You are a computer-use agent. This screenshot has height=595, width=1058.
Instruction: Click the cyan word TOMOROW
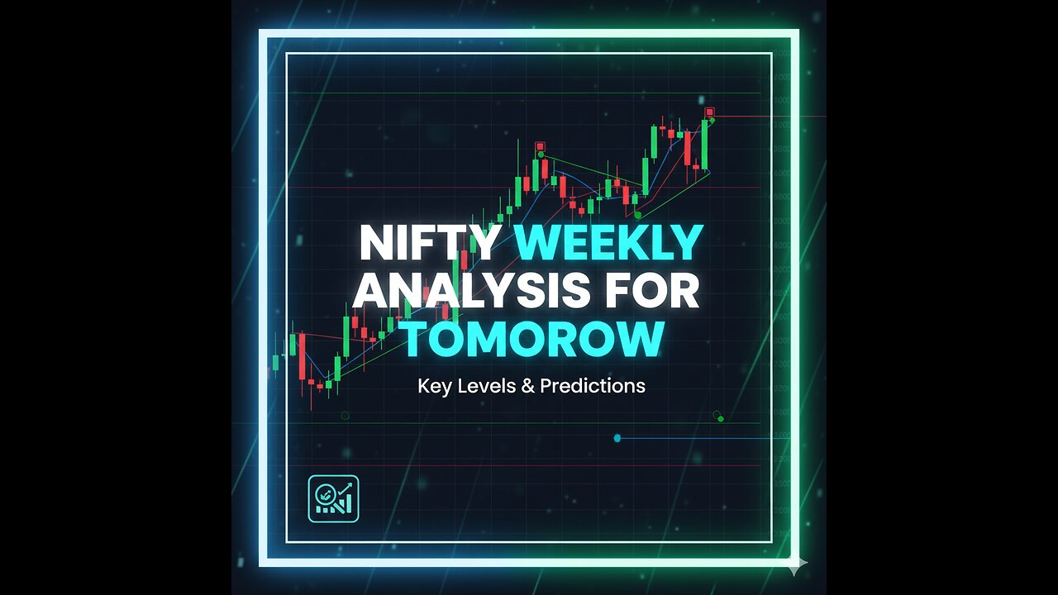point(532,339)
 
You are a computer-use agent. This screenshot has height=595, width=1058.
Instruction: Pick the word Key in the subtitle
point(434,385)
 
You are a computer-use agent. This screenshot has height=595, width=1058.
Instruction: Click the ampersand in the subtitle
point(528,385)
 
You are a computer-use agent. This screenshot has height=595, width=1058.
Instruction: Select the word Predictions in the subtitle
point(593,385)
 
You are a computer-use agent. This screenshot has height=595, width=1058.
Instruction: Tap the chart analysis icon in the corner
point(333,498)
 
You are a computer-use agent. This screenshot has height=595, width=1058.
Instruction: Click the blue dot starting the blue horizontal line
point(617,438)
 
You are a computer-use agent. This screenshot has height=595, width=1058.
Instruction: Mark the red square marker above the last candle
point(709,112)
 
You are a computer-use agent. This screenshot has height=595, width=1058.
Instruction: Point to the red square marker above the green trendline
point(540,146)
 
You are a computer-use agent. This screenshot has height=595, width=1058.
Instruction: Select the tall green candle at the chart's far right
point(705,145)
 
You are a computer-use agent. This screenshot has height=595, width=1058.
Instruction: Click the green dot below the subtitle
point(721,419)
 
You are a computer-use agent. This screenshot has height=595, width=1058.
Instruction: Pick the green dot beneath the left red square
point(541,155)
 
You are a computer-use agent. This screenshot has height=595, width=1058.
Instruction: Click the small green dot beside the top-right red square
point(712,121)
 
